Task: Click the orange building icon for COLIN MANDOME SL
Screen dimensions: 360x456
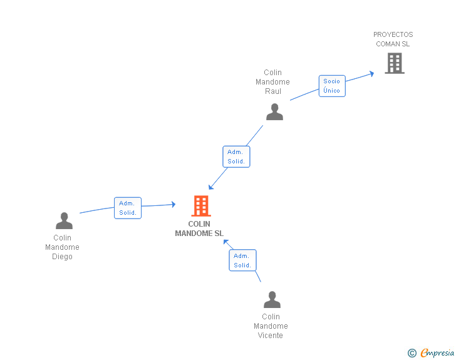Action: click(200, 206)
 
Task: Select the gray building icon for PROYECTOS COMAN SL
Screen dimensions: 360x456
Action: click(394, 63)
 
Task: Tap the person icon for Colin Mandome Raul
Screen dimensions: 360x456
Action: click(274, 112)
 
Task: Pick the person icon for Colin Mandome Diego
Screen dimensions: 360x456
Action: click(64, 221)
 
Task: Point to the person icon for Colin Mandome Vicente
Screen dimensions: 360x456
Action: click(272, 300)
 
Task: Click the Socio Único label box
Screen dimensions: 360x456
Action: click(331, 86)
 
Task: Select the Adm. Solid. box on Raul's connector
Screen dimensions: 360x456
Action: click(236, 157)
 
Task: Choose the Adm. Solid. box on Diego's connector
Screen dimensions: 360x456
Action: click(128, 208)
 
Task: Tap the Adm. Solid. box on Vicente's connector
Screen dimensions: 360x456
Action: click(242, 260)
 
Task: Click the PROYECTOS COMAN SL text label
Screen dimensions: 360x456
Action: click(393, 39)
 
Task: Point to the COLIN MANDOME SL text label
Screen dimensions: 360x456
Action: click(199, 229)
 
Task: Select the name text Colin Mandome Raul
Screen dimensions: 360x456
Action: click(272, 82)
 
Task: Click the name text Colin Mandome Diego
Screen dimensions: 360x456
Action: click(63, 247)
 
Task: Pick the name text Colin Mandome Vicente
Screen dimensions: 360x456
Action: click(271, 326)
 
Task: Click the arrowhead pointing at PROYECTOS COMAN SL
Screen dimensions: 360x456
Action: click(371, 73)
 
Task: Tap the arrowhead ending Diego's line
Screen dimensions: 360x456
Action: click(173, 204)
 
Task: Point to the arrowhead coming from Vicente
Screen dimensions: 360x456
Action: click(227, 242)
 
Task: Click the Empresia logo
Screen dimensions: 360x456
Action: click(437, 353)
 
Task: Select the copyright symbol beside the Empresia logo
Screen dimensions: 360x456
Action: click(412, 353)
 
